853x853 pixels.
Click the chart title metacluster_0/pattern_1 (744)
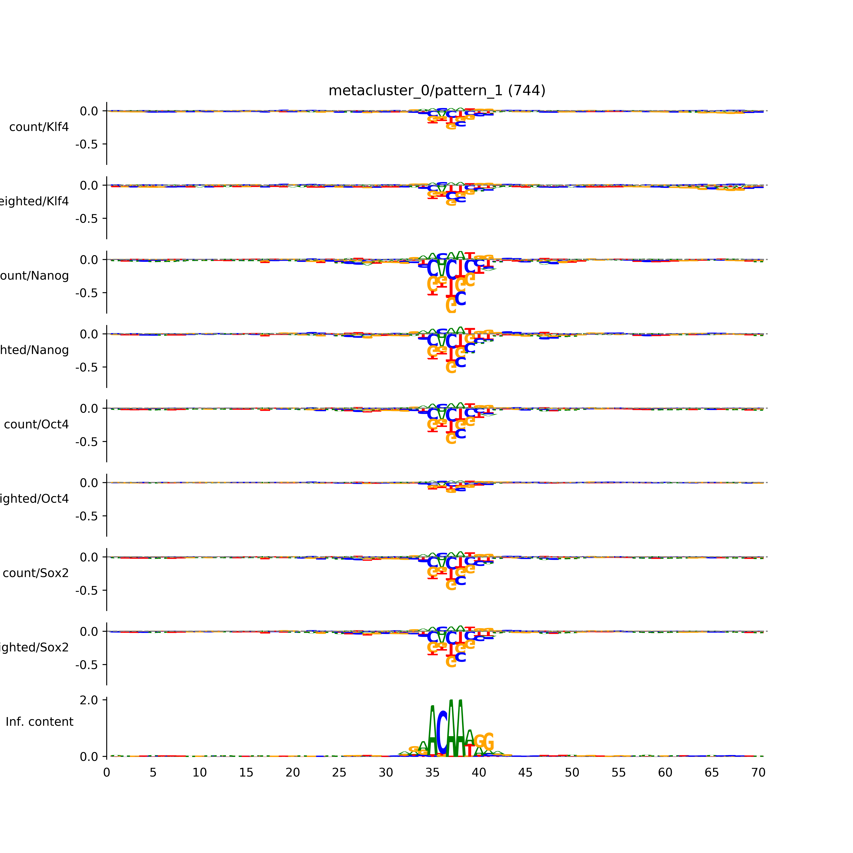(437, 91)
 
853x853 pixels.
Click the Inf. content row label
(39, 722)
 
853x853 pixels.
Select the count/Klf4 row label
(39, 127)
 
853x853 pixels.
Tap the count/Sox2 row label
(36, 573)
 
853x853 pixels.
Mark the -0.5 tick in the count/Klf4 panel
(87, 144)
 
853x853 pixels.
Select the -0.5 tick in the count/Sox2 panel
(87, 591)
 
